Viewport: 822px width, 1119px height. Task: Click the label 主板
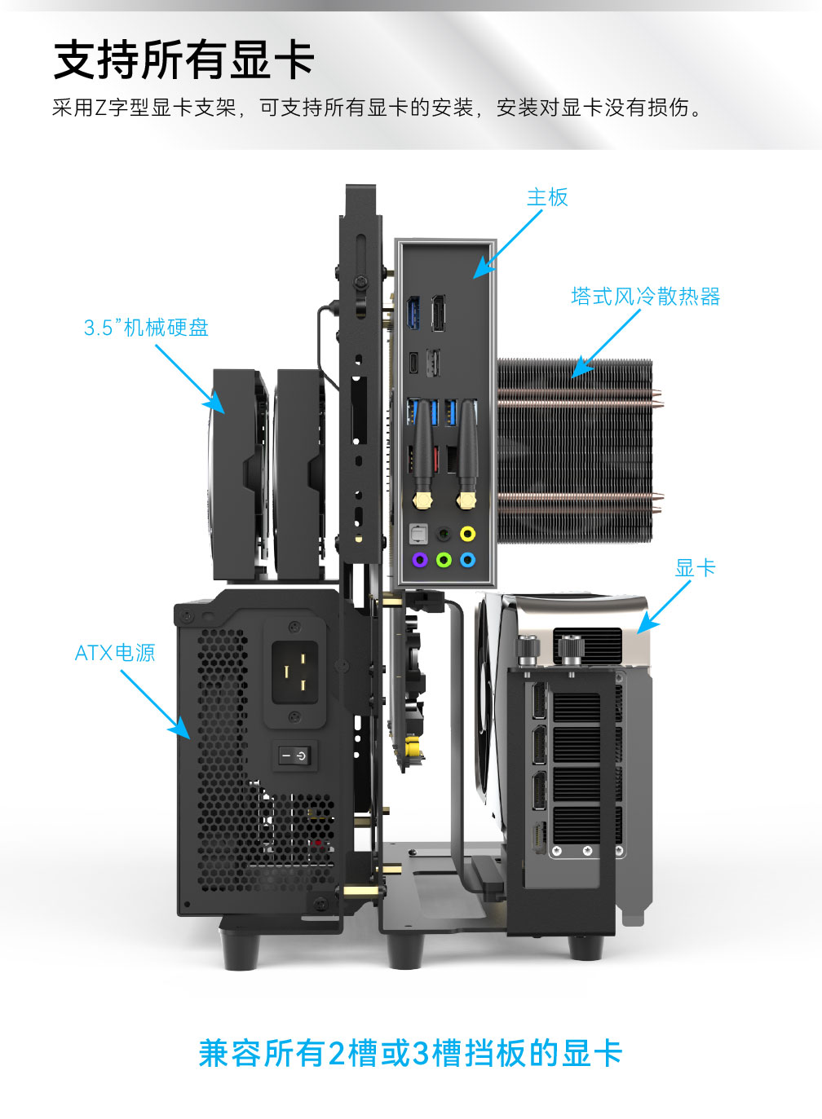pos(547,197)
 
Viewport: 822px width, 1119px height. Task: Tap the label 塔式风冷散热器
pos(646,296)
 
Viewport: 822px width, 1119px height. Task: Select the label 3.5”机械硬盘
pos(146,328)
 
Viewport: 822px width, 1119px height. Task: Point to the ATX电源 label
pos(115,653)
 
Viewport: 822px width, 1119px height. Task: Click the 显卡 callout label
pos(695,568)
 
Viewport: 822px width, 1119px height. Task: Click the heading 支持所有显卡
pos(183,60)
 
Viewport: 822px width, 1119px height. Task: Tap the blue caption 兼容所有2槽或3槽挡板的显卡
pos(411,1053)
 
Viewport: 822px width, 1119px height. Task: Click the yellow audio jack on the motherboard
pos(467,534)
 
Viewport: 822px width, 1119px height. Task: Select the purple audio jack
pos(420,559)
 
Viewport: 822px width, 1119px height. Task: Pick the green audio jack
pos(444,559)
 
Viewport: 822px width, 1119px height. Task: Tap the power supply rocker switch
pos(294,756)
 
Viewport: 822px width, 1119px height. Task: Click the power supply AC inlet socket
pos(295,672)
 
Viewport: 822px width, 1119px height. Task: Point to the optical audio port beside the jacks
pos(418,534)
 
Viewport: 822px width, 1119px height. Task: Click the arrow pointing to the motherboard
pos(507,244)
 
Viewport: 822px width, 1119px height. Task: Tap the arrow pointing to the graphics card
pos(664,607)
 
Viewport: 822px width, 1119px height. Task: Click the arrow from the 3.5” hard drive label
pos(190,379)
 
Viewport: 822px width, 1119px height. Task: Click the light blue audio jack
pos(467,559)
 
